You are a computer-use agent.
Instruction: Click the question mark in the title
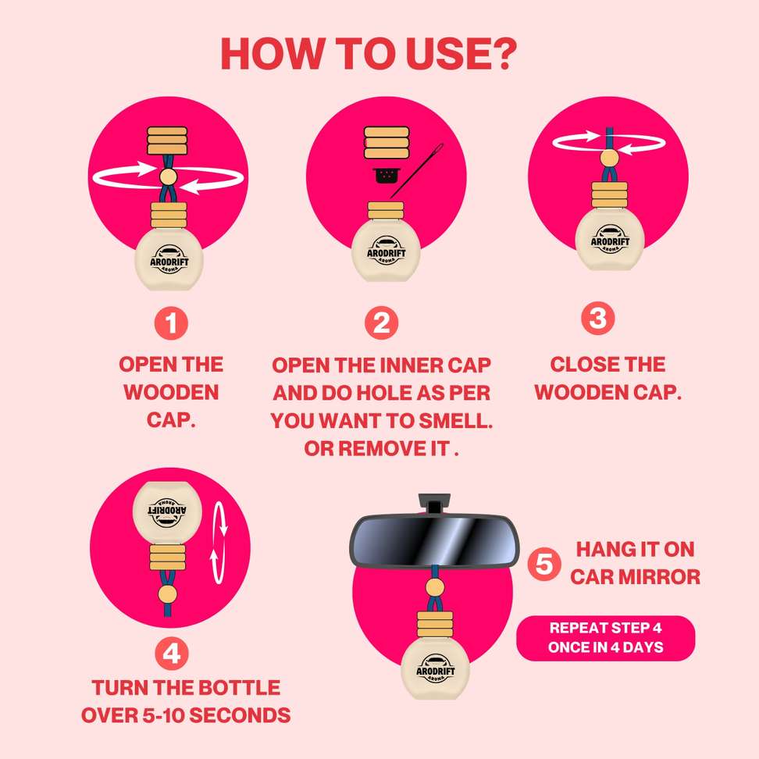click(x=502, y=53)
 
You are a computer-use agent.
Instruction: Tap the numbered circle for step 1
click(x=171, y=322)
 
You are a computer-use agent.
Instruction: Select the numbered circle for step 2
click(x=381, y=322)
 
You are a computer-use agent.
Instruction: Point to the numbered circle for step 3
click(x=598, y=318)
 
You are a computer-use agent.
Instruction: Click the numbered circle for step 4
click(x=171, y=654)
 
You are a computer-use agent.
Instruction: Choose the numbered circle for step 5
click(x=544, y=564)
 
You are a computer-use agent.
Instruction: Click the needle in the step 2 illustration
click(x=417, y=170)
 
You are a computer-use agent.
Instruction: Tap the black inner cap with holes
click(x=385, y=176)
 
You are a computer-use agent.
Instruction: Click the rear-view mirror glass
click(x=434, y=541)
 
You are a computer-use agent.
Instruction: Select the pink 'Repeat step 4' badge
click(x=605, y=638)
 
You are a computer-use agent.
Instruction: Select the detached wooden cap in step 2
click(x=387, y=143)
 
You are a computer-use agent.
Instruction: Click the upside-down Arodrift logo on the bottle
click(x=166, y=511)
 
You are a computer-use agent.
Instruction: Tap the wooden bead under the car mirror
click(x=435, y=587)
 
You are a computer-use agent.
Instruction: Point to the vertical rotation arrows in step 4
click(x=219, y=542)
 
